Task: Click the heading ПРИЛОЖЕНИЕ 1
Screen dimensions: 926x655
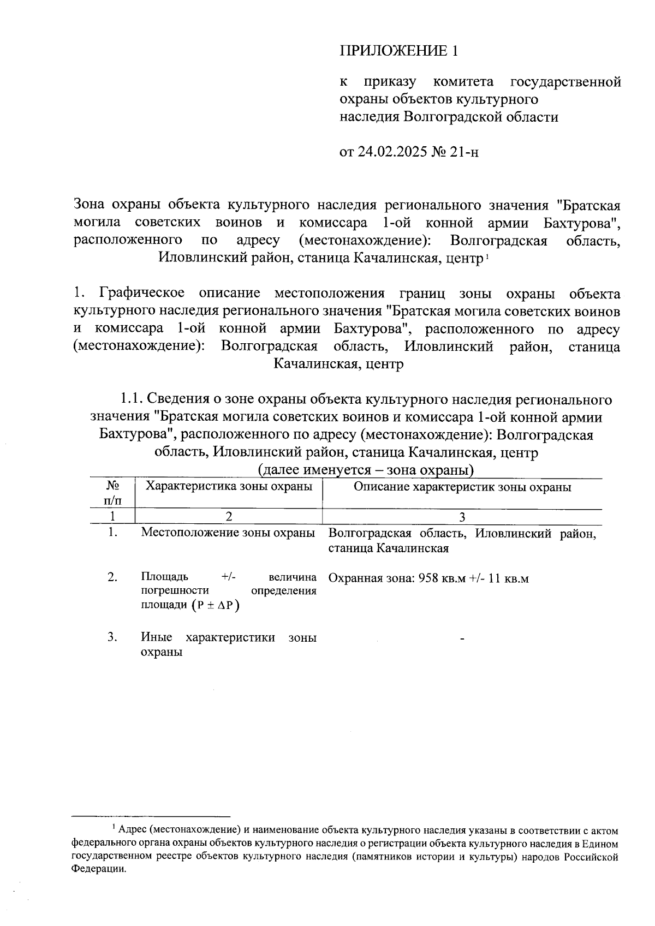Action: (x=398, y=51)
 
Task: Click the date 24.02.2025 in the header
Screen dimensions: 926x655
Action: (x=392, y=151)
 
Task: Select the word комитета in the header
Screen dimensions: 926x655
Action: (x=463, y=82)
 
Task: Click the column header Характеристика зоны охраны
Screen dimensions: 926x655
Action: (x=229, y=486)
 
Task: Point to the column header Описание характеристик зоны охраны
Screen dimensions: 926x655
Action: (x=462, y=487)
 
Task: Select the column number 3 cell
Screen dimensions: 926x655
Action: (x=462, y=517)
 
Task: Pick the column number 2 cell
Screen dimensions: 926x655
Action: (x=229, y=517)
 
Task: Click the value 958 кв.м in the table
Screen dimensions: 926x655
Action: (x=442, y=578)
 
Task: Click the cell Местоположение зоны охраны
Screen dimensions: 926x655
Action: (x=228, y=533)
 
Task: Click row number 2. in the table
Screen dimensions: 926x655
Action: (x=112, y=577)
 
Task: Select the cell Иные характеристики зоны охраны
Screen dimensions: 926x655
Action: (x=228, y=644)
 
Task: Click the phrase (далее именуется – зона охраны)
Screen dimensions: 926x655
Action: (x=365, y=470)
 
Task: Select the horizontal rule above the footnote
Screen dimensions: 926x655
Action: (x=151, y=817)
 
